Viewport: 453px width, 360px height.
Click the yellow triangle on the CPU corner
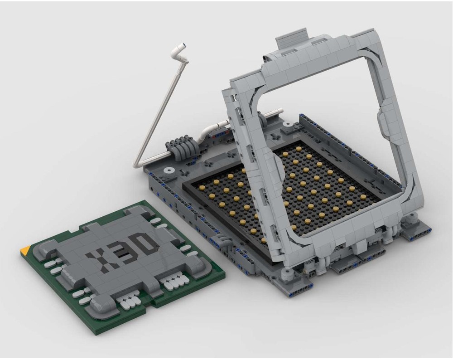tap(26, 250)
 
